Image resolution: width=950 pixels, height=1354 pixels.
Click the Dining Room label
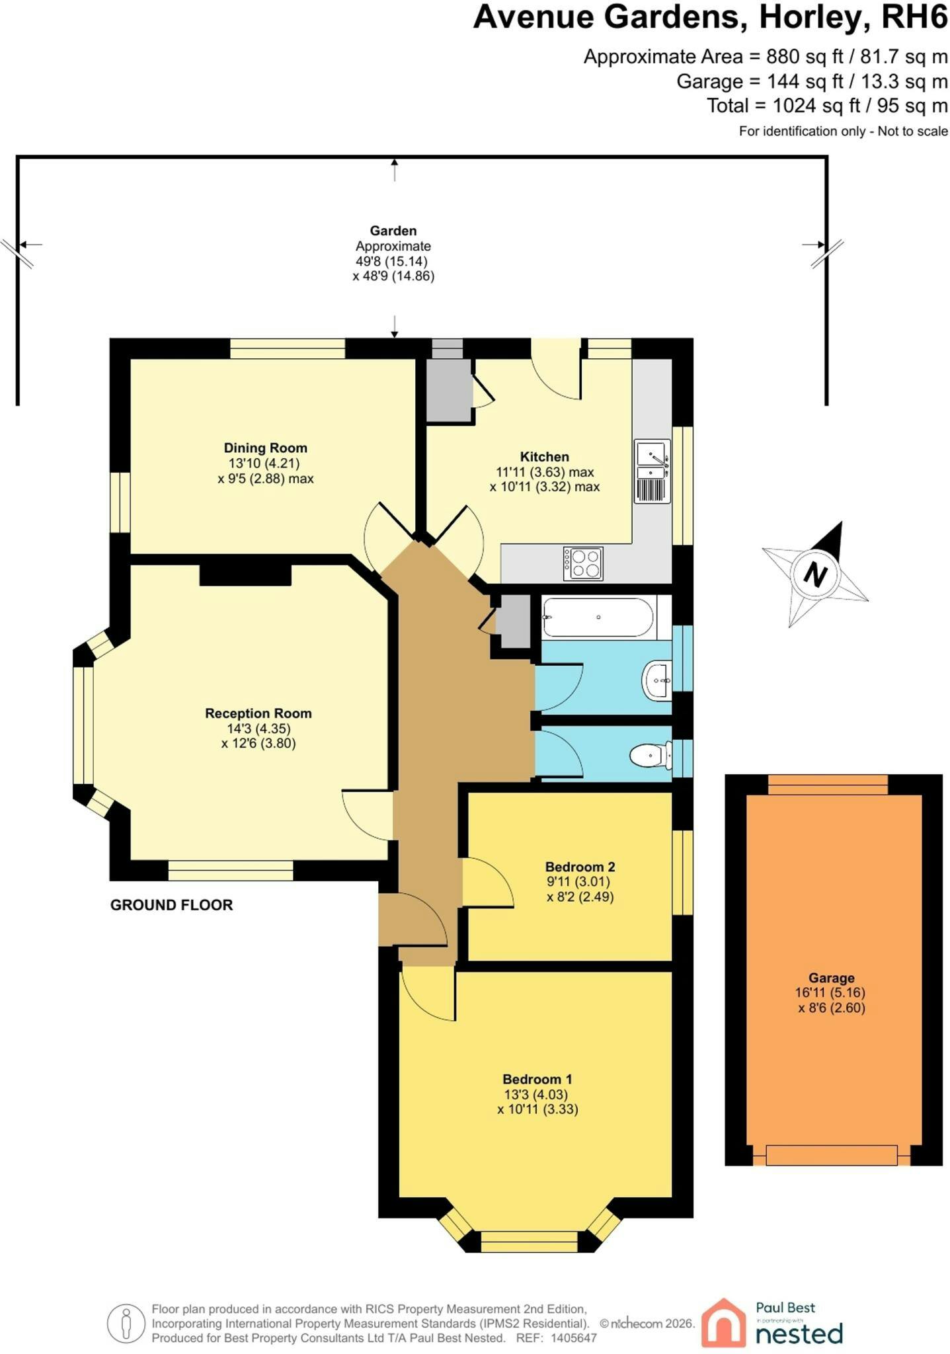coord(265,448)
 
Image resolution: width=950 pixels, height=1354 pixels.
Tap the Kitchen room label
coord(544,457)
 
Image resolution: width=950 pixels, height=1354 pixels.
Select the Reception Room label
coord(258,713)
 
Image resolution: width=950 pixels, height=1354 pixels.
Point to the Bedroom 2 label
coord(580,867)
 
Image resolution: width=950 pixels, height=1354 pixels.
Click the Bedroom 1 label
coord(537,1080)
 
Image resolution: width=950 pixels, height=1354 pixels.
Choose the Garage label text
coord(831,978)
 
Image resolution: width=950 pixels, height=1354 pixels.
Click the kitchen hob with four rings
coord(583,563)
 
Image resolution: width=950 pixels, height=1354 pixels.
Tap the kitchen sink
coord(653,471)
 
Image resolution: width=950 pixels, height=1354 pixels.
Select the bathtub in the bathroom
coord(598,617)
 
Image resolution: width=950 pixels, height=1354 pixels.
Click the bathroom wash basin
coord(657,679)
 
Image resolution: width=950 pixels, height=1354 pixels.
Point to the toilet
coord(651,756)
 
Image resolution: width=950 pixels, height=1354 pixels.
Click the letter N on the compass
coord(815,574)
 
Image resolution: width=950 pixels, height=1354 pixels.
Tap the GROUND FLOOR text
coord(171,905)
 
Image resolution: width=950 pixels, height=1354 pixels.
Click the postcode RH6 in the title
coord(915,17)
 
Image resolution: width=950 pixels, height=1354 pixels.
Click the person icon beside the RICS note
coord(126,1324)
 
